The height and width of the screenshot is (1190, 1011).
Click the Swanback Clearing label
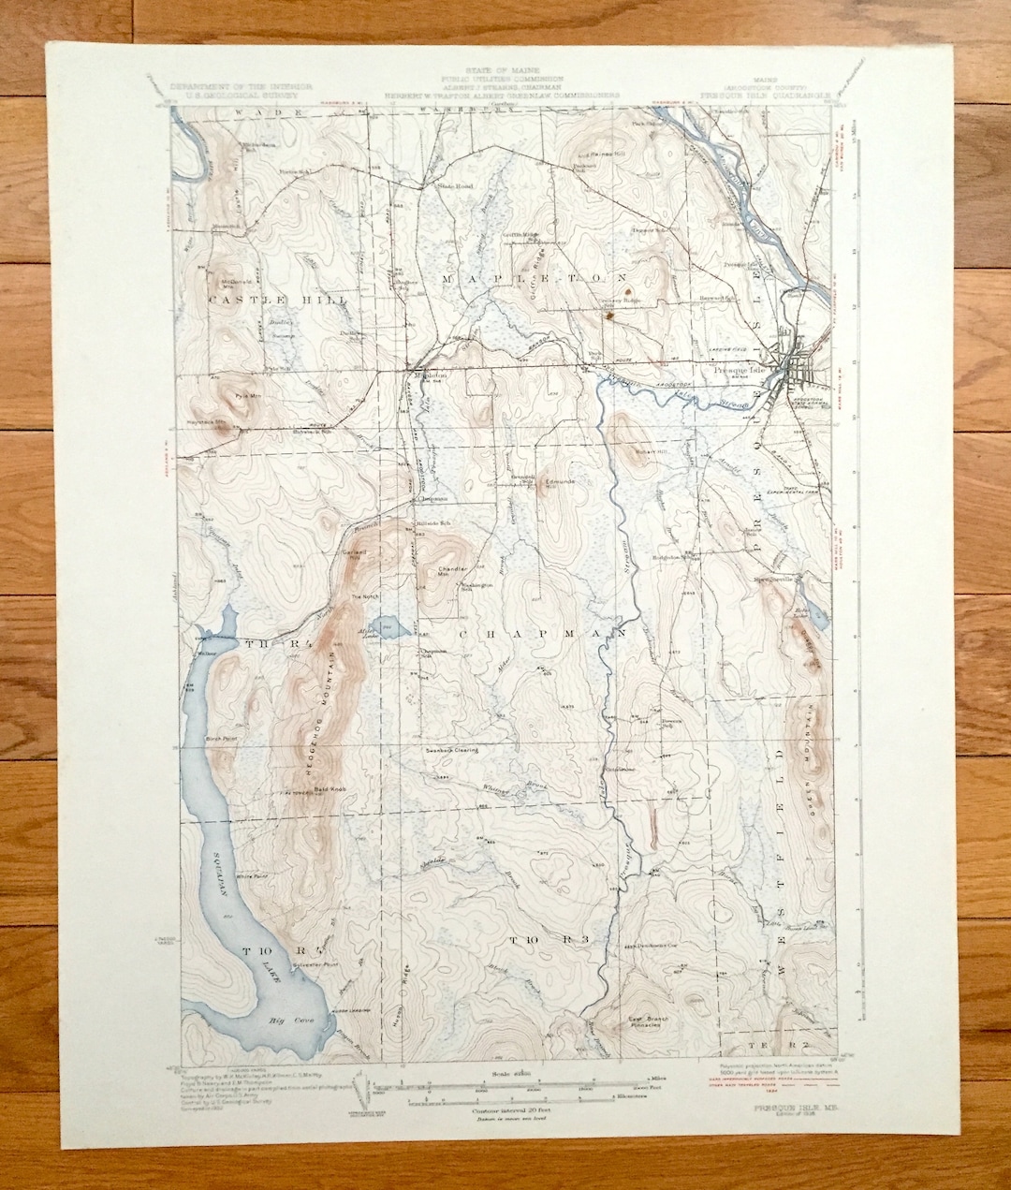(452, 750)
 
